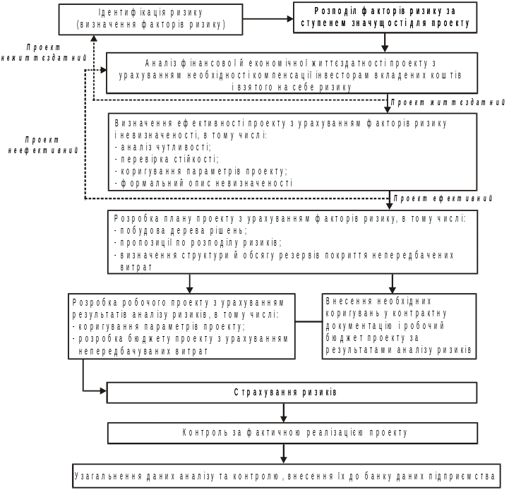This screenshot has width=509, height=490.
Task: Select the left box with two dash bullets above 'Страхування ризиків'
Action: pos(181,325)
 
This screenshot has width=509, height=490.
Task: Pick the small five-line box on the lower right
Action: pos(399,325)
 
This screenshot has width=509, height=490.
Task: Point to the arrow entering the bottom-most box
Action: pos(283,453)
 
